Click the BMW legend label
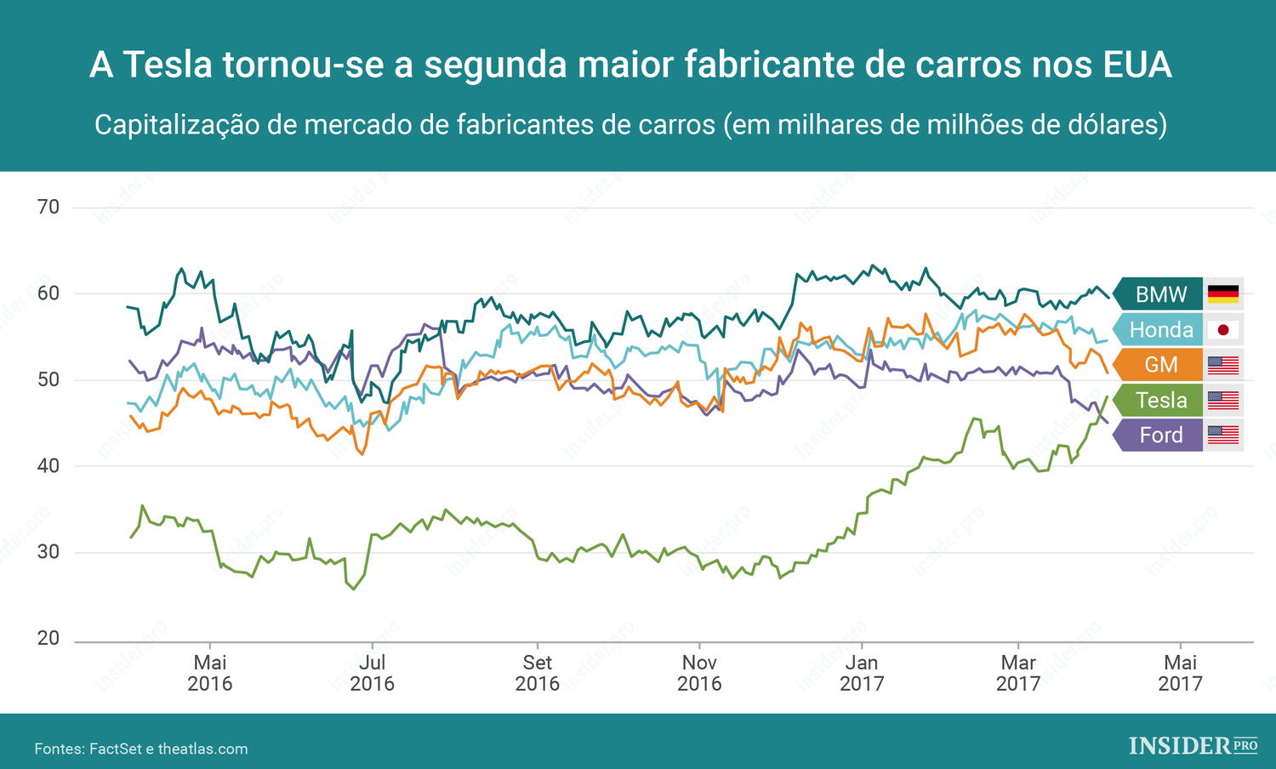(x=1160, y=294)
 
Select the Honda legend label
(x=1160, y=329)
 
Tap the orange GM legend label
(x=1160, y=365)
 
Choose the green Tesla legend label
(x=1160, y=400)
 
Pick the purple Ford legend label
(x=1160, y=435)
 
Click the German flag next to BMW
(x=1223, y=294)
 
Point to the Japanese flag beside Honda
(x=1223, y=329)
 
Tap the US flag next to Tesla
(x=1223, y=400)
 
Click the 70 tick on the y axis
(x=48, y=207)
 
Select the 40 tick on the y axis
(x=48, y=465)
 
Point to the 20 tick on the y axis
(x=48, y=638)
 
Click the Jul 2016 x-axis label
(x=372, y=673)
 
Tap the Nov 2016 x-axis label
(x=699, y=673)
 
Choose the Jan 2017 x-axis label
(x=862, y=673)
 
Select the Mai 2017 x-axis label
(x=1180, y=673)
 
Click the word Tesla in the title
(x=168, y=65)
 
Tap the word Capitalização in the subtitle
(x=176, y=125)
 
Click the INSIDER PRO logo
(x=1193, y=746)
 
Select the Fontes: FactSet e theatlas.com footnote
(x=141, y=749)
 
